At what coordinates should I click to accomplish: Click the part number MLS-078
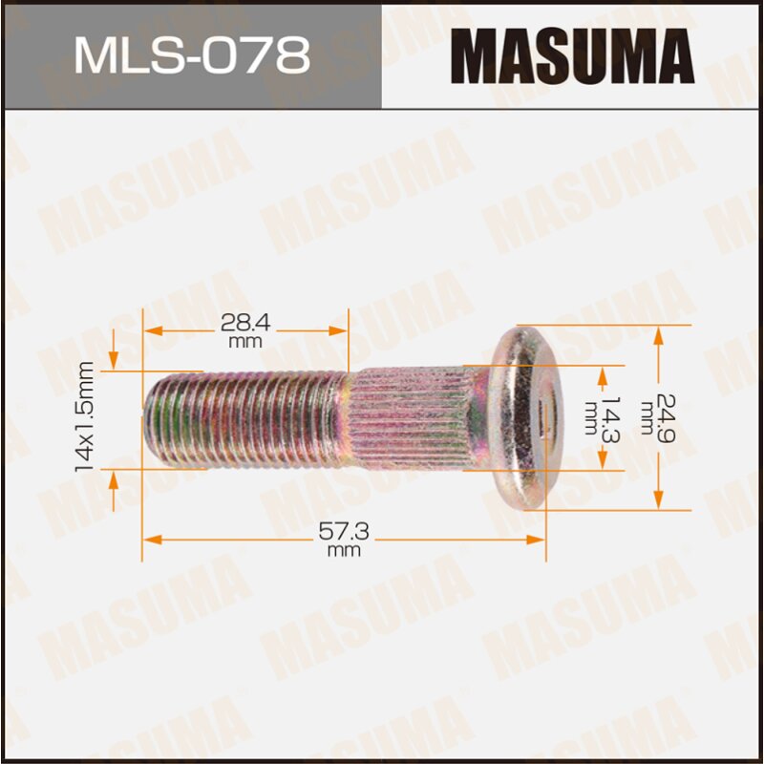(x=191, y=54)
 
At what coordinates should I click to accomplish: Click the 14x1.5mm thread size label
(x=85, y=416)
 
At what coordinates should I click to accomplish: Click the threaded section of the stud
(x=248, y=418)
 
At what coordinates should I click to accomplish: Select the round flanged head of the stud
(x=521, y=417)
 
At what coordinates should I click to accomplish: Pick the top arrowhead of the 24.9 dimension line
(x=658, y=333)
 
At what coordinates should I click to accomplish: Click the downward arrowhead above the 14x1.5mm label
(x=114, y=362)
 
